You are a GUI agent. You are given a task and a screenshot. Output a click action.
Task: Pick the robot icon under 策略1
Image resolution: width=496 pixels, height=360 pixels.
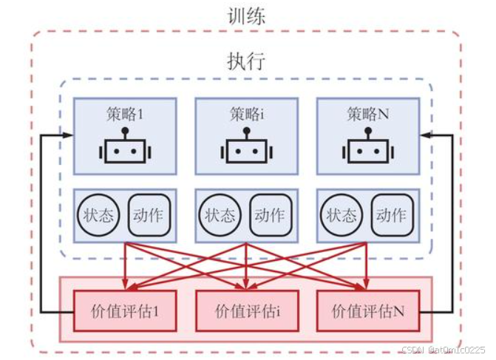[124, 149]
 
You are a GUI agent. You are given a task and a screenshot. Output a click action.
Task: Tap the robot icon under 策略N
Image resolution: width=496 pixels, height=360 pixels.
[367, 149]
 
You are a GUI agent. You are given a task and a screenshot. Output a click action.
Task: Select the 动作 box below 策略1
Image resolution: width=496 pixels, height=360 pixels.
[149, 215]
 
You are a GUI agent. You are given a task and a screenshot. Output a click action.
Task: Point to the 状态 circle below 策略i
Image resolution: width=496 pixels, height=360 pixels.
[220, 215]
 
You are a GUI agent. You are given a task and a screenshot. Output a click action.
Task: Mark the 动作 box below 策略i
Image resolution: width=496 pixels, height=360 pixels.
[270, 215]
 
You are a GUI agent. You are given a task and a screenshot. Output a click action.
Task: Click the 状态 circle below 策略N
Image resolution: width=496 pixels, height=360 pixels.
[342, 215]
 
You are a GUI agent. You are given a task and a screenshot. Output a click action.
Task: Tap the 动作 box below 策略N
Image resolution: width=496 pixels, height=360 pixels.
[391, 215]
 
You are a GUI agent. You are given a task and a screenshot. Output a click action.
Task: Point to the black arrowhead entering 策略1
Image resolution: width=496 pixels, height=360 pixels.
[69, 135]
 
